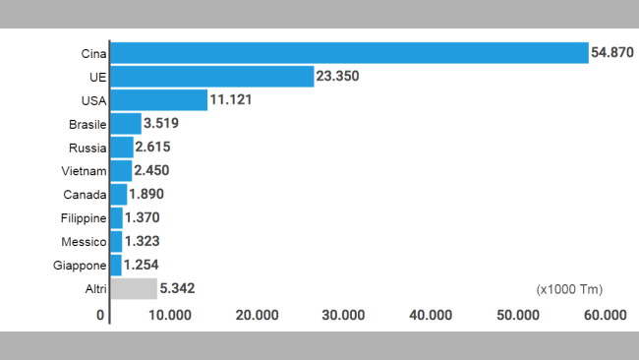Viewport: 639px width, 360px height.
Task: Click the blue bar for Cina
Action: click(349, 53)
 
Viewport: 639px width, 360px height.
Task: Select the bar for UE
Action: click(212, 77)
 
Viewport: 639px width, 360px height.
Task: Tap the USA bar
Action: click(159, 100)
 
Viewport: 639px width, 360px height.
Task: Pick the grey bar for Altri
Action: click(134, 288)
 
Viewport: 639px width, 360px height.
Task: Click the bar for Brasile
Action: click(126, 124)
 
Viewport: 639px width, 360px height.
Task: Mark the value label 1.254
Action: click(142, 266)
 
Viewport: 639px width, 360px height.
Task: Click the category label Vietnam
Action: click(82, 171)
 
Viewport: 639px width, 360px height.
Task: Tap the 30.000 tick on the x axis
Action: click(343, 315)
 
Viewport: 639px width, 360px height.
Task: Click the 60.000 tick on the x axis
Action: click(605, 315)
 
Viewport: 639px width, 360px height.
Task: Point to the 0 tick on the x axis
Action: click(100, 315)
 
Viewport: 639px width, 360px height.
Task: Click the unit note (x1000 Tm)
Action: click(569, 289)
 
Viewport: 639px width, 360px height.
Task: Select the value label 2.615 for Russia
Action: click(155, 148)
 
